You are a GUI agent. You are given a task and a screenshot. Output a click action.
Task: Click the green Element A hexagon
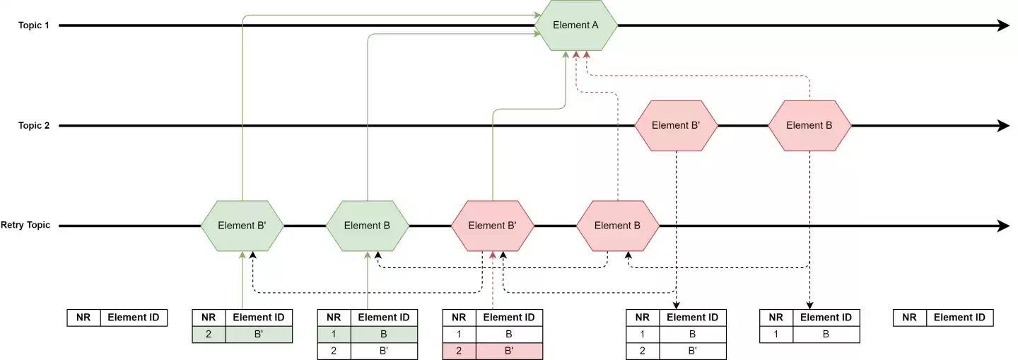(x=575, y=25)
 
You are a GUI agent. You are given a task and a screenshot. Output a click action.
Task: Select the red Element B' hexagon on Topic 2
(x=676, y=126)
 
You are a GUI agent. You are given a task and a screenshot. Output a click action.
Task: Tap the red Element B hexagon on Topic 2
(x=809, y=126)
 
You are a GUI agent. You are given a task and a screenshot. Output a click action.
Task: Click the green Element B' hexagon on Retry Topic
(x=242, y=226)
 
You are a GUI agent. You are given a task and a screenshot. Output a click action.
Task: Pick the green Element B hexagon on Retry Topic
(x=368, y=226)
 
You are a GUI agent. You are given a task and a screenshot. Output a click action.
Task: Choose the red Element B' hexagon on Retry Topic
(x=492, y=226)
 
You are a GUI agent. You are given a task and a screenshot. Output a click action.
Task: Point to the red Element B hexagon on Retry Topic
(x=618, y=226)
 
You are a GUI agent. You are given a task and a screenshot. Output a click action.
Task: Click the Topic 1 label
(x=34, y=25)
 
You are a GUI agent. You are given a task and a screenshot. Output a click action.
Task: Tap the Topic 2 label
(x=34, y=126)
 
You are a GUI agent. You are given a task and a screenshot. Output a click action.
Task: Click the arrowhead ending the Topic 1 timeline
(x=1002, y=25)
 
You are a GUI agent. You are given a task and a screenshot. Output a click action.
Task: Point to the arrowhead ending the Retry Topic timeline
(x=1002, y=226)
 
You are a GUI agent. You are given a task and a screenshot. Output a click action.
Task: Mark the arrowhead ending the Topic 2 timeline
(x=1002, y=126)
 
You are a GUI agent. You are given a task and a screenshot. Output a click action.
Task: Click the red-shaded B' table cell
(x=509, y=351)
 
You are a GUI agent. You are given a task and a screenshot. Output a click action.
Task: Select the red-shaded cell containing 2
(x=459, y=351)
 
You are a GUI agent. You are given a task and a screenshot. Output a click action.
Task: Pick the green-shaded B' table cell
(x=259, y=335)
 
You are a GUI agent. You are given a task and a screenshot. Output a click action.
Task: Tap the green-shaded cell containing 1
(x=334, y=335)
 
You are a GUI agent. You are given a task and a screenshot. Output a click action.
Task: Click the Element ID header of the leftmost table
(x=134, y=318)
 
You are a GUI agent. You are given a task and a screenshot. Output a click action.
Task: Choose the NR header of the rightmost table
(x=909, y=318)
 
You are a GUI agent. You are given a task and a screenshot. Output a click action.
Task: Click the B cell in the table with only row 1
(x=826, y=335)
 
